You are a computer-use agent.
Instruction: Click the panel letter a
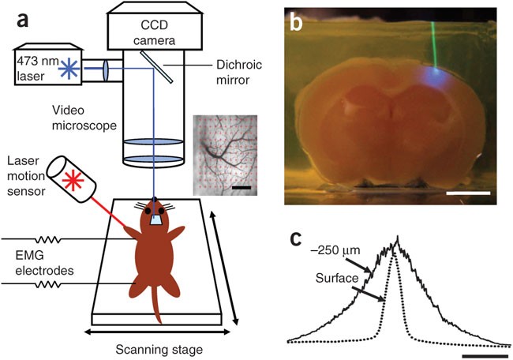(18, 19)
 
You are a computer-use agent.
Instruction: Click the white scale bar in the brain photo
(468, 192)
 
